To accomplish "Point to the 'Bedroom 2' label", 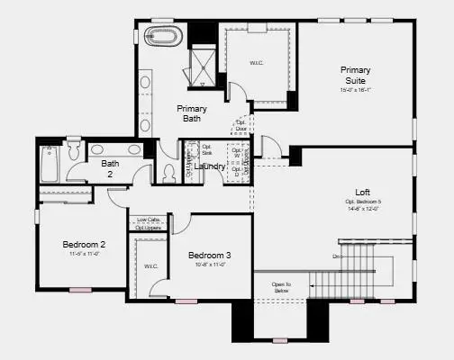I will click(84, 245).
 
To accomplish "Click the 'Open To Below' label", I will click(282, 288).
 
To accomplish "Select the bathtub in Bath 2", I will click(49, 165).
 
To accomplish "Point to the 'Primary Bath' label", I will click(191, 113).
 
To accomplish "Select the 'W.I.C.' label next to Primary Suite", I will click(257, 63).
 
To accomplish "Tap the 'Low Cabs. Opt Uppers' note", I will click(150, 224).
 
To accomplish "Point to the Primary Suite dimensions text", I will click(356, 90).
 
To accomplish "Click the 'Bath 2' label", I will click(110, 169).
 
